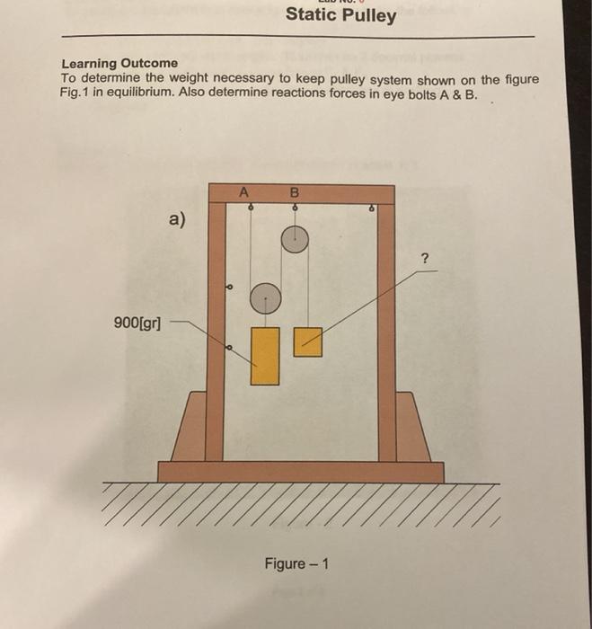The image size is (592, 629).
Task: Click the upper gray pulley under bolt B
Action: pos(295,238)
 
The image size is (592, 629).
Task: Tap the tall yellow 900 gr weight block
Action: pos(264,356)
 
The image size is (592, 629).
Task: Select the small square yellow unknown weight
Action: pos(308,341)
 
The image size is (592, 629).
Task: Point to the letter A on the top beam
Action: pos(243,190)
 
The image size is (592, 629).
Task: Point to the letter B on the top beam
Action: pos(293,190)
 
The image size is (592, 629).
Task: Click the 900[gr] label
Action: pos(137,321)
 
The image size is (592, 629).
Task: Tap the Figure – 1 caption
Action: pos(296,563)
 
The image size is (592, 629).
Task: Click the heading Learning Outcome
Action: pos(119,64)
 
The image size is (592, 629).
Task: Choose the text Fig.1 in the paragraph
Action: pos(77,93)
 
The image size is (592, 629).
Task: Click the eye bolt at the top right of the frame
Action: pos(373,208)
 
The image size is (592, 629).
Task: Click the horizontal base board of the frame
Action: pos(300,472)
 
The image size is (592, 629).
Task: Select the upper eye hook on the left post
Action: pos(228,288)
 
